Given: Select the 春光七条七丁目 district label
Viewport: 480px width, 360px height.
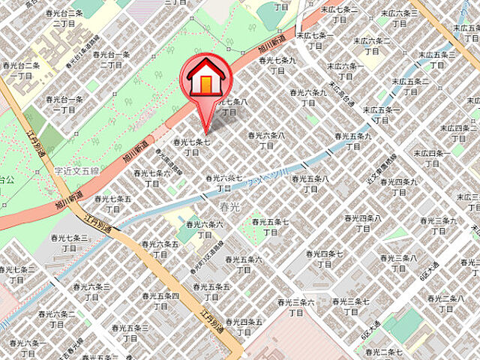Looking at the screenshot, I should click(191, 146).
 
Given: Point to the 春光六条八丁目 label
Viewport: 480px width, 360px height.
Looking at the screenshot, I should click(266, 140).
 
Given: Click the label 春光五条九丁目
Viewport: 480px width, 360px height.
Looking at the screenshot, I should click(352, 141).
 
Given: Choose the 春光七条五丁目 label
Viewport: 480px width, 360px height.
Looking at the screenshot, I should click(113, 204).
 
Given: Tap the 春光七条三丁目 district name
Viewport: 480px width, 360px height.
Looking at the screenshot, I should click(68, 242).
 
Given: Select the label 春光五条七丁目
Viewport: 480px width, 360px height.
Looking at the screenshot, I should click(269, 226).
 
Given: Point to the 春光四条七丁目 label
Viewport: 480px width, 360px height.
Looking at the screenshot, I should click(324, 259).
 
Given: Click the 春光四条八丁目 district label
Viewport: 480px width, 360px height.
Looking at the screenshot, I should click(363, 223).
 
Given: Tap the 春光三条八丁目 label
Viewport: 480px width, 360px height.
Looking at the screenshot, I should click(398, 263).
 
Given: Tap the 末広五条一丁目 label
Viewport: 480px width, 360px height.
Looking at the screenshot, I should click(382, 115).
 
